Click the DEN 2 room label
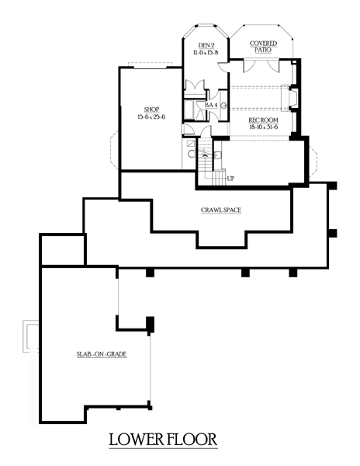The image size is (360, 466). pos(206,46)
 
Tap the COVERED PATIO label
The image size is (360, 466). pos(263,47)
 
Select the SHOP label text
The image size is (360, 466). pos(151,110)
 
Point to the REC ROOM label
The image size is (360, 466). pos(263,120)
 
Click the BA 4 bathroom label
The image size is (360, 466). pos(211,105)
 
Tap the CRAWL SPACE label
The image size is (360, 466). pos(221,210)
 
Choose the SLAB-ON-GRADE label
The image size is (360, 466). pos(102,354)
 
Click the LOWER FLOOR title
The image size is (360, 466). pos(164,440)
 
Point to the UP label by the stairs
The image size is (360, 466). pos(230,179)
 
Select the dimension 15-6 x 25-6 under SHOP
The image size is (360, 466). pos(151,116)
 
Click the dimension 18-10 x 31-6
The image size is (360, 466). pos(263,127)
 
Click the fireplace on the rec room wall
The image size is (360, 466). pos(289,98)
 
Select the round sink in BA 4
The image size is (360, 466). pos(224,105)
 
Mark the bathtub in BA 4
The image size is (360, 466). pos(189,110)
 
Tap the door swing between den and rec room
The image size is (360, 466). pos(223,67)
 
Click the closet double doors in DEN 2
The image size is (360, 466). pos(195,85)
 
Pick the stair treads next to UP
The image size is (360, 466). pos(219,177)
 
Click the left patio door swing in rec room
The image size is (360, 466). pos(249,65)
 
